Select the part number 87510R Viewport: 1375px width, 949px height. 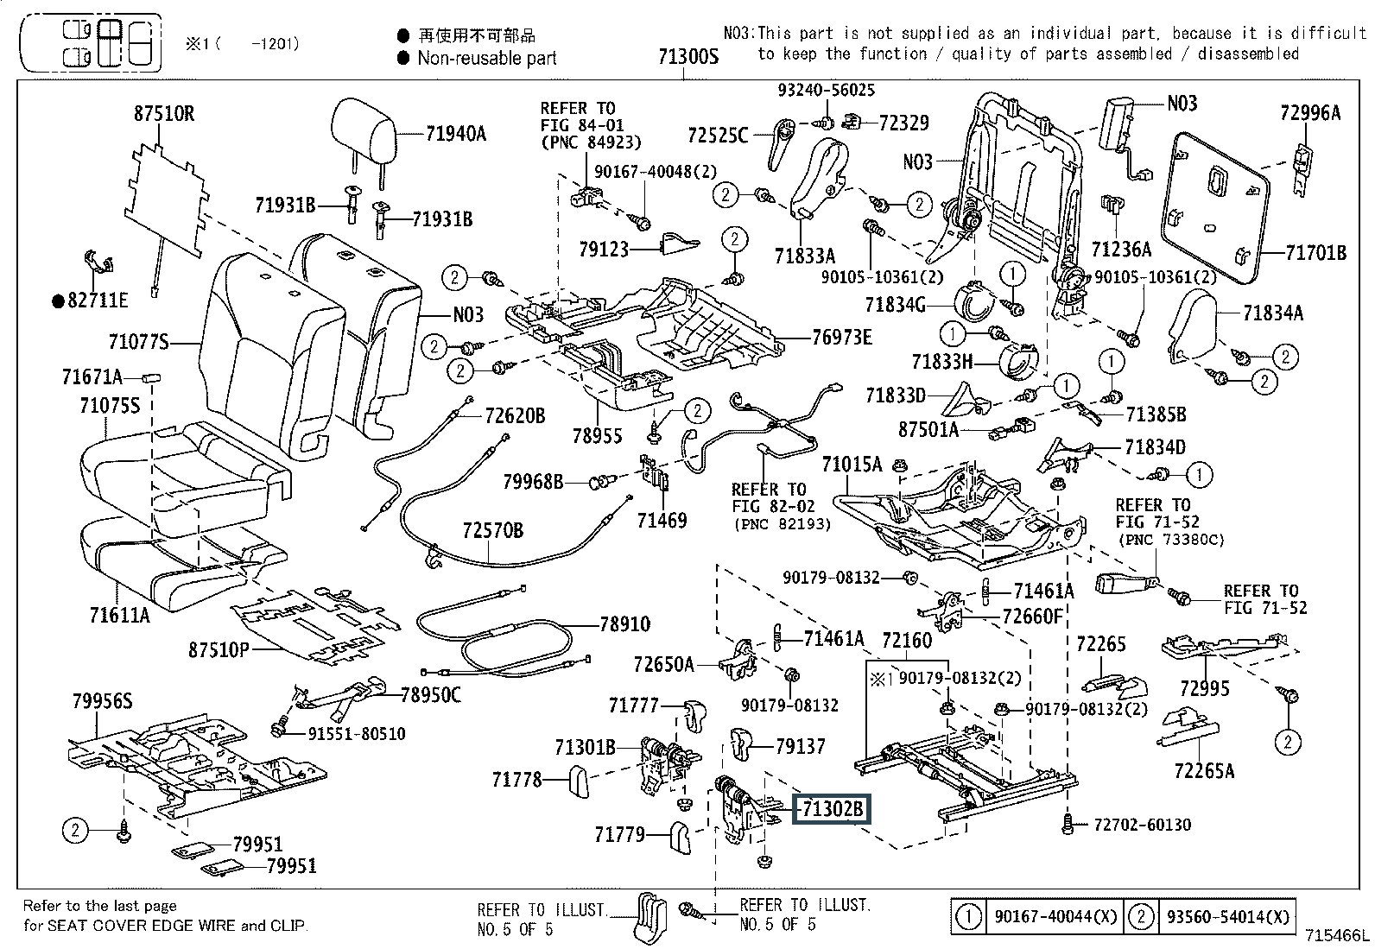(163, 114)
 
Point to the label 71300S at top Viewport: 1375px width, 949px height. (688, 57)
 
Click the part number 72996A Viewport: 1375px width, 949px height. (1309, 112)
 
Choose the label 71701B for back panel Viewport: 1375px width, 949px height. (1315, 252)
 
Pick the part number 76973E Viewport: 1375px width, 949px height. (841, 337)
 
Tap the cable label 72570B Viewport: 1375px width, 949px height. (492, 529)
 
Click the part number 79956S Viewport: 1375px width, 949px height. (102, 701)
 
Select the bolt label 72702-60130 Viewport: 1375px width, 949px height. (1142, 825)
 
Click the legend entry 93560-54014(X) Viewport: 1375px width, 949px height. (1228, 917)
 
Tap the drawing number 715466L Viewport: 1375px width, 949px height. (1337, 935)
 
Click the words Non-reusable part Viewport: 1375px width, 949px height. (487, 58)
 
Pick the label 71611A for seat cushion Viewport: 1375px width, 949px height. (119, 615)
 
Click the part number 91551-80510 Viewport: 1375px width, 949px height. (357, 733)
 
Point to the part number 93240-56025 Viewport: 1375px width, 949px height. (826, 90)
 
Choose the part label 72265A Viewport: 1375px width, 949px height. (1204, 770)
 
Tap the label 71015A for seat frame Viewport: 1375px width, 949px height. (852, 465)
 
